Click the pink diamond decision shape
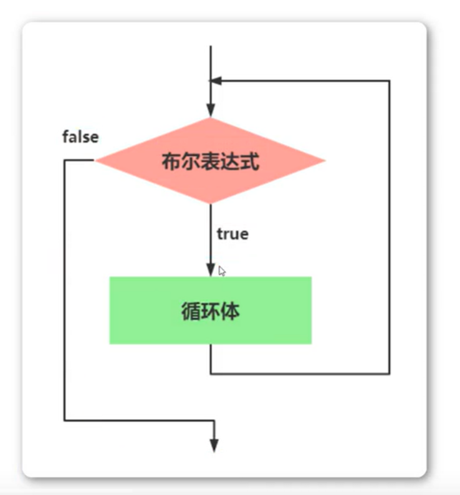pos(210,161)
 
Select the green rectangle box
pos(210,310)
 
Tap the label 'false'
pos(80,137)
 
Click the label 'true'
pos(232,234)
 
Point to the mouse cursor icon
pos(222,271)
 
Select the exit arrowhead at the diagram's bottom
pos(214,444)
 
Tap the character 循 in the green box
pos(191,311)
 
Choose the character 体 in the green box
pos(230,311)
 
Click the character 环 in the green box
pos(210,311)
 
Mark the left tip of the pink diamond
pos(96,161)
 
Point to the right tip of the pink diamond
pos(325,161)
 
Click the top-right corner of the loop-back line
pos(390,80)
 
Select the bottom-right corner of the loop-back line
pos(390,373)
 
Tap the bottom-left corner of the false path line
pos(65,420)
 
